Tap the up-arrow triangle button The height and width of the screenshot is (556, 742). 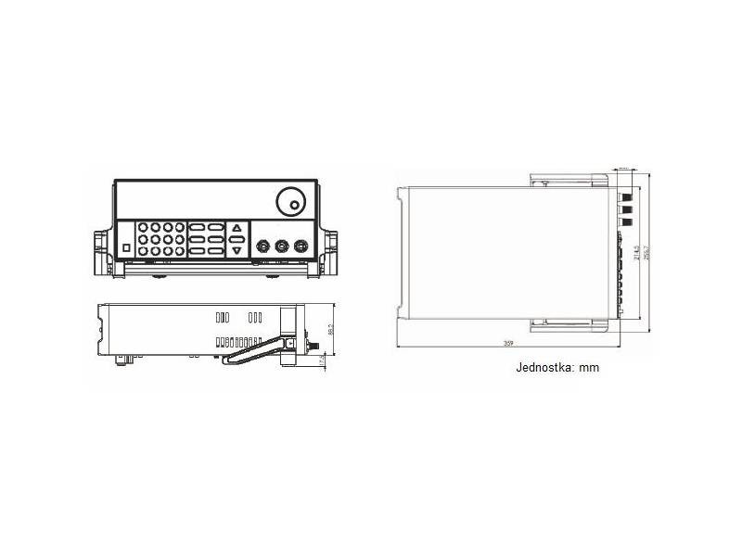click(237, 228)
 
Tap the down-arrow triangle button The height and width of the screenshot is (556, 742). click(237, 250)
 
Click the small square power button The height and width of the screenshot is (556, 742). click(126, 247)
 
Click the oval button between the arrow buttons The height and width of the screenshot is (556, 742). click(237, 239)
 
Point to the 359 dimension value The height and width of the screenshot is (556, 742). click(508, 343)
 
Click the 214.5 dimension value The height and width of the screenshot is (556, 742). click(635, 252)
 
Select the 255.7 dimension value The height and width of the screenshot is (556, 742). click(646, 252)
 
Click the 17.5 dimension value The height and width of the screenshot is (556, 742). click(322, 361)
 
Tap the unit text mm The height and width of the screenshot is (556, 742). click(589, 368)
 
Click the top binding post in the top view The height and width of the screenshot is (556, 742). click(628, 196)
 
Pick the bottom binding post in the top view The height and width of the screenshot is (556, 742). click(628, 223)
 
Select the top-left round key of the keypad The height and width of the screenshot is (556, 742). click(145, 227)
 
